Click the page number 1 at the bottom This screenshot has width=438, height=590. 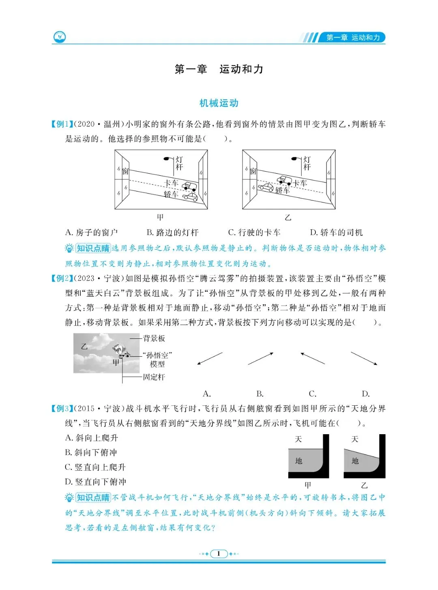[x=219, y=553]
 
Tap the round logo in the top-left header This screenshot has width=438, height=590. [x=60, y=37]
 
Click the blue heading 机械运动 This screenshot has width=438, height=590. [x=219, y=103]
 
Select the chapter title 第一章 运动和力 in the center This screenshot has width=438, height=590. [x=219, y=69]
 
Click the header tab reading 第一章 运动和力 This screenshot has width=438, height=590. [x=353, y=38]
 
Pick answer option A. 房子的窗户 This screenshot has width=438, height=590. [x=92, y=233]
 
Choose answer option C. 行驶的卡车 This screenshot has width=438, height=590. [x=254, y=233]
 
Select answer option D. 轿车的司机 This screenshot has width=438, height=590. [x=336, y=233]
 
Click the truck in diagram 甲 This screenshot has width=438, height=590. [x=189, y=186]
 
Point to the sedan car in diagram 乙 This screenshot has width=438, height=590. [x=266, y=187]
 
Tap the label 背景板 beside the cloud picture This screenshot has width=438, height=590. [x=154, y=338]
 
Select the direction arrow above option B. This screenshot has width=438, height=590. [x=260, y=359]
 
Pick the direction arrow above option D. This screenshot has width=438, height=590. [x=364, y=359]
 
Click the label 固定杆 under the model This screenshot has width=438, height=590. [x=154, y=377]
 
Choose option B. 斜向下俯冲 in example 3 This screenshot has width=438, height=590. [x=91, y=452]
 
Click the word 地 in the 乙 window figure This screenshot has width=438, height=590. [x=355, y=461]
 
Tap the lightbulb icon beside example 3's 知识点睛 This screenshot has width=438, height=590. [x=70, y=497]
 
